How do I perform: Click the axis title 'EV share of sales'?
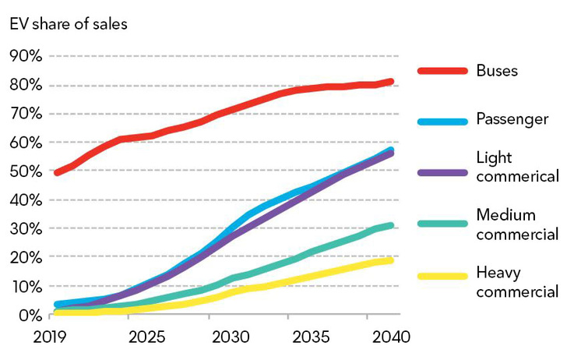pos(69,23)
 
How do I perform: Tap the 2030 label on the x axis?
pos(231,340)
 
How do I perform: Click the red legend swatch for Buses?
pos(441,71)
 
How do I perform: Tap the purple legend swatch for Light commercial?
pos(441,171)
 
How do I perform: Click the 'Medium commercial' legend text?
pos(516,224)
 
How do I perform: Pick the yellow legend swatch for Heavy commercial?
pos(441,277)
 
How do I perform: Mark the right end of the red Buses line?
pos(391,81)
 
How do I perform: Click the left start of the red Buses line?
pos(57,172)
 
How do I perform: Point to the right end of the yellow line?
pos(391,260)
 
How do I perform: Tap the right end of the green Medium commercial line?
pos(391,225)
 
